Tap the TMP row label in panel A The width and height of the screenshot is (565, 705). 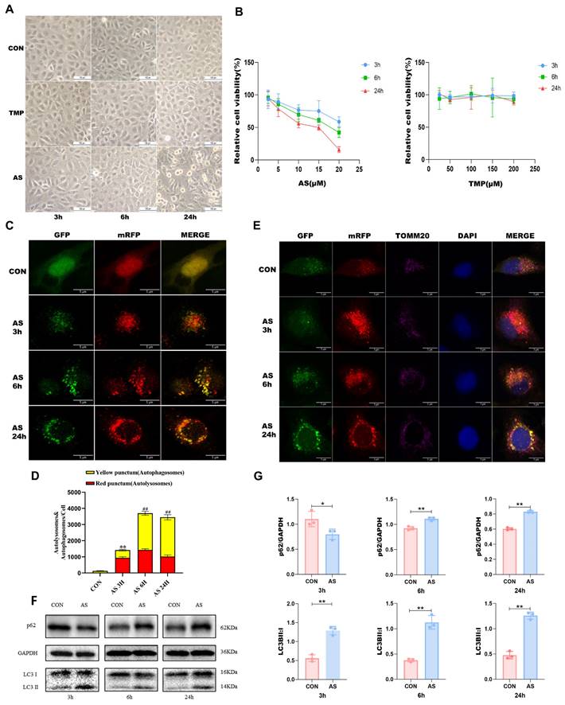tap(14, 114)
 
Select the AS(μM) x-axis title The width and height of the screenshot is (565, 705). tap(298, 181)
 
